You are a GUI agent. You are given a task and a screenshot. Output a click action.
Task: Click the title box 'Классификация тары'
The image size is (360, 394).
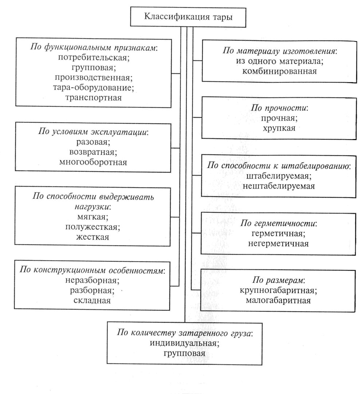pos(188,17)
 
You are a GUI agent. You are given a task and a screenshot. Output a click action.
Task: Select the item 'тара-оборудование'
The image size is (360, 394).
pos(92,88)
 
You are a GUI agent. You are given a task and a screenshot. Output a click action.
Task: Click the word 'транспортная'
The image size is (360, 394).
pos(93,97)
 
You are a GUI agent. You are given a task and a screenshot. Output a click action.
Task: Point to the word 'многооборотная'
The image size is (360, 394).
pos(93,162)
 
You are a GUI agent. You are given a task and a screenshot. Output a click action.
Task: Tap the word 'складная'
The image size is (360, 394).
pos(92,301)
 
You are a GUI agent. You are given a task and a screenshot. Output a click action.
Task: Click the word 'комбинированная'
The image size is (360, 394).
pos(279,71)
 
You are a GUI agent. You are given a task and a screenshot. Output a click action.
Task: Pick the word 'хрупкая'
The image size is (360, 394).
pos(279,128)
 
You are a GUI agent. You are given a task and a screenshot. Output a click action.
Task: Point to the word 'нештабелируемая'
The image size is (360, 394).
pos(279,186)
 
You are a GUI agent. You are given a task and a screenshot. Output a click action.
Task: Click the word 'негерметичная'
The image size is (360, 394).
pos(278,244)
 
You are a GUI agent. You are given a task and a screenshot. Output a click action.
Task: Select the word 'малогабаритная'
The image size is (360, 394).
pos(278,301)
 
